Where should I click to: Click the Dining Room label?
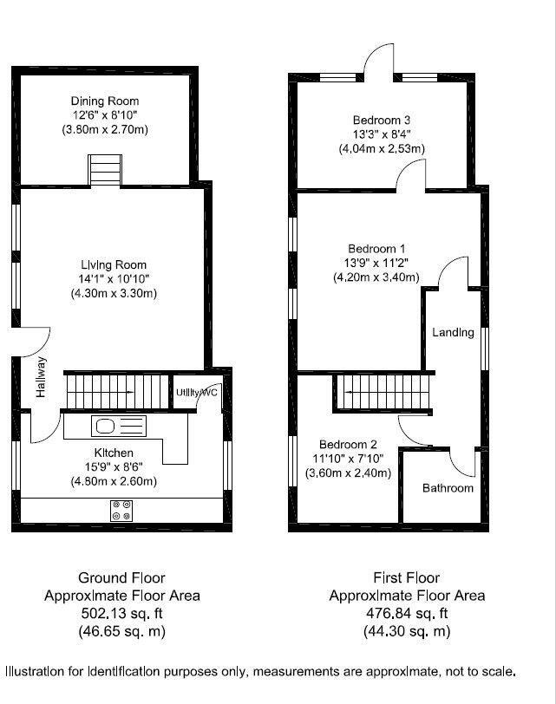pos(105,101)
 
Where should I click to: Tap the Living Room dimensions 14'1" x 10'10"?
pos(114,279)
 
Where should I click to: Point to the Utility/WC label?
pos(197,393)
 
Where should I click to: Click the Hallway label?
pos(41,380)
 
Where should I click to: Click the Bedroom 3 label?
pos(381,120)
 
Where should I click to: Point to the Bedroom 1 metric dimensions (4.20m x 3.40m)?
pos(376,278)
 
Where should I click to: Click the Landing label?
pos(453,332)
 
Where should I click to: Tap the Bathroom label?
pos(448,488)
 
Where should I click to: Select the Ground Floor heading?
pos(121,577)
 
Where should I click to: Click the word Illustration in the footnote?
pos(40,671)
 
